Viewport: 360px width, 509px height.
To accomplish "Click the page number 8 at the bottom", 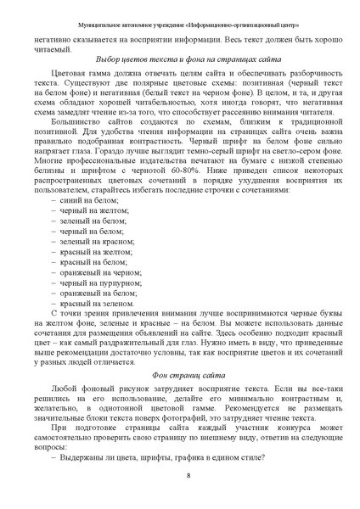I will [x=187, y=475].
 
